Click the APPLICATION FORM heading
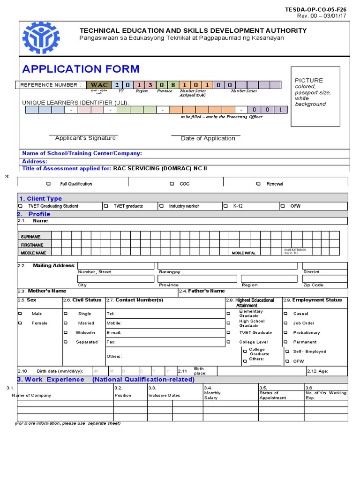click(81, 69)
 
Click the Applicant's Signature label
click(85, 138)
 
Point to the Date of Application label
click(208, 139)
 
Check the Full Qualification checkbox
click(48, 184)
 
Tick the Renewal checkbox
click(258, 184)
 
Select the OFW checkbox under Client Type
click(283, 206)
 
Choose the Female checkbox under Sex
click(20, 323)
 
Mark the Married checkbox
click(66, 323)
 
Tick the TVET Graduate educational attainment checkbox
click(229, 333)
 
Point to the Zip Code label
click(313, 285)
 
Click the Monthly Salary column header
click(211, 395)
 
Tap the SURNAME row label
click(31, 237)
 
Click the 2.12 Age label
click(318, 371)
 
